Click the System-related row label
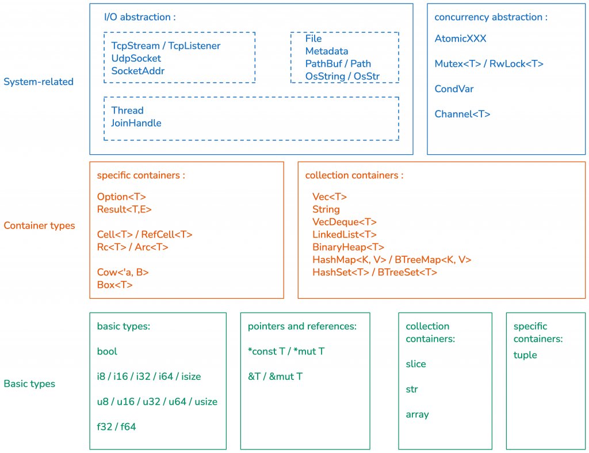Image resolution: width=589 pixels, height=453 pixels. coord(39,82)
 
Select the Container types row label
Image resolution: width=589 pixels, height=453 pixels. coord(39,226)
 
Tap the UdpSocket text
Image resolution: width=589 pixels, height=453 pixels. coord(136,58)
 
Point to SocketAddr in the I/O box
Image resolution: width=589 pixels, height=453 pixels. coord(137,71)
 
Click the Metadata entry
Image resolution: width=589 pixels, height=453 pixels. coord(326,51)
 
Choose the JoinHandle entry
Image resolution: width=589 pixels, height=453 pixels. coord(136,123)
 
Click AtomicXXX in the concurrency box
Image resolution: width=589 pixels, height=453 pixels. coord(460,39)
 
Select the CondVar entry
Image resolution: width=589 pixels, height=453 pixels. coord(454,89)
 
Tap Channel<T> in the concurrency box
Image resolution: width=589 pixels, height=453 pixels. coord(462,114)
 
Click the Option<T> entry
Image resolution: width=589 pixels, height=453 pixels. coord(121,197)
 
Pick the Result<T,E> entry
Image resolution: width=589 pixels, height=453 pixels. coord(124,210)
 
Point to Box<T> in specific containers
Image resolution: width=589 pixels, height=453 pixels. coord(115,285)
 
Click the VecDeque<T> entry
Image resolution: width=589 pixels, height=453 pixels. coord(345,222)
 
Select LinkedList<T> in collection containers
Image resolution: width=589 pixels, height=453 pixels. coord(345,235)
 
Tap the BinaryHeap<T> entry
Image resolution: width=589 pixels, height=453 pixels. coord(348,248)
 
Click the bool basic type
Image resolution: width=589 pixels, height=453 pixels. coord(107,351)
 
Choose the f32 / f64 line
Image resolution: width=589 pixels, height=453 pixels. coord(116,427)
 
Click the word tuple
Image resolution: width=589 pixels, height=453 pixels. coord(525,355)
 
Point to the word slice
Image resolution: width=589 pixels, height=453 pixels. coord(416,364)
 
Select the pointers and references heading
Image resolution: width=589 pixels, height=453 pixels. coord(302,326)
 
